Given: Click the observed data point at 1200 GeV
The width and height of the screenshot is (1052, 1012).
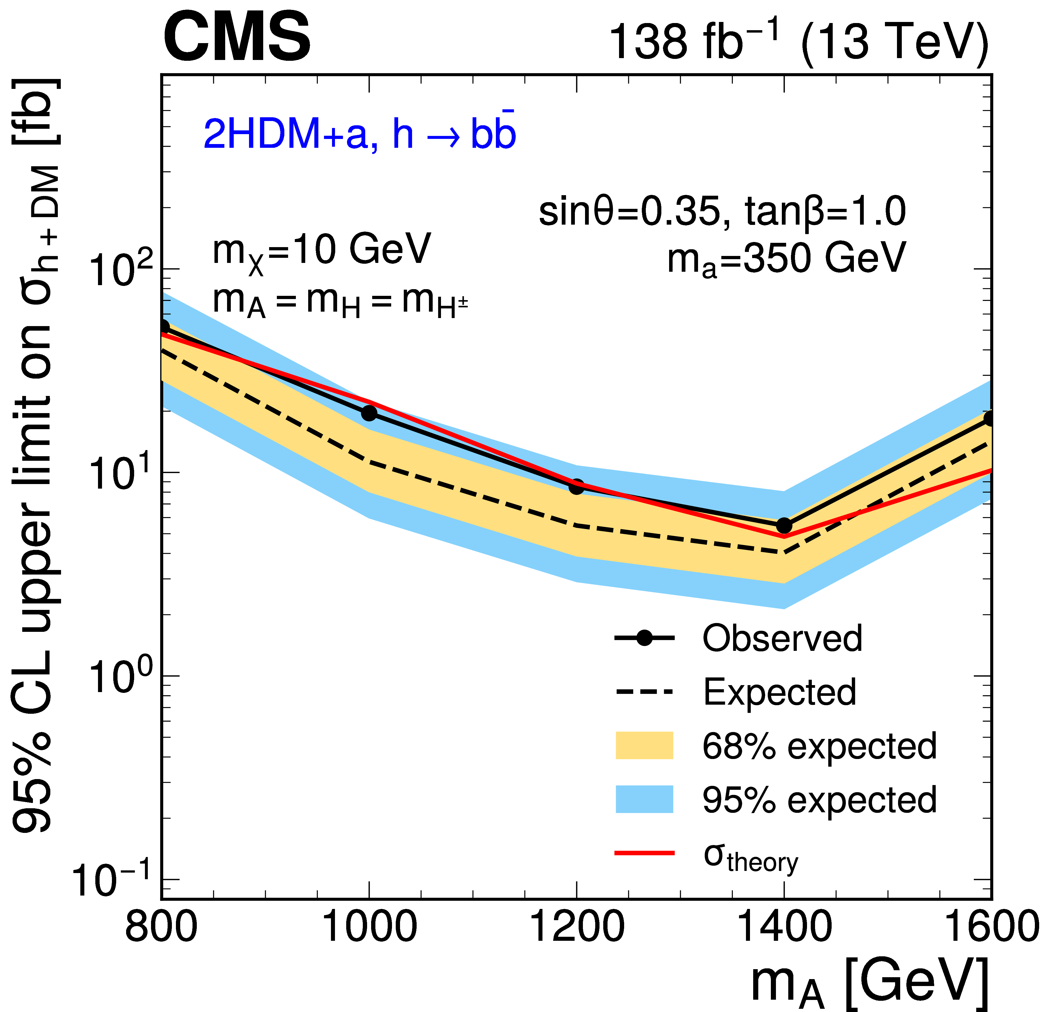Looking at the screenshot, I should (576, 487).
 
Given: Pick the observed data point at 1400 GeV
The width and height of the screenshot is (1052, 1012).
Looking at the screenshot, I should (784, 525).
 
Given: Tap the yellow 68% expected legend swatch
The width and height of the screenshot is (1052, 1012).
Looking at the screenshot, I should (644, 746).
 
